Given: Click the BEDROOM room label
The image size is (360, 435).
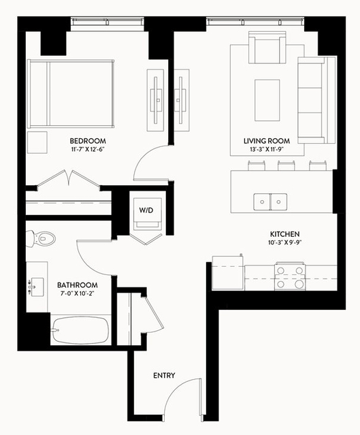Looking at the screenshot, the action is (88, 141).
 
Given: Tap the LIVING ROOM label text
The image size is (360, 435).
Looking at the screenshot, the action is (267, 141).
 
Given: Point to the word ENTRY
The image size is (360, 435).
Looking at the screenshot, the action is (164, 375).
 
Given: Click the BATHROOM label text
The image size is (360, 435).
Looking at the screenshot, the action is (78, 285).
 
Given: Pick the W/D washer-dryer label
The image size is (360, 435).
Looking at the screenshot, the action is (146, 210).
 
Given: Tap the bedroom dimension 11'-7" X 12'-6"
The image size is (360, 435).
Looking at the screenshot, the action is (88, 149).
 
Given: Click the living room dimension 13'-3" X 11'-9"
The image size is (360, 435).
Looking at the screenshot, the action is (267, 149).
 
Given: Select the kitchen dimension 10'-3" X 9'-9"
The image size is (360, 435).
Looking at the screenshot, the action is (285, 242).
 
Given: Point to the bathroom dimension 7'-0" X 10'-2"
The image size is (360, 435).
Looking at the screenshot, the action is (78, 293).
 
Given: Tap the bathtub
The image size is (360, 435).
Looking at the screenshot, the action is (80, 330).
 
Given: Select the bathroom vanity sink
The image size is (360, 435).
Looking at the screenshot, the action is (37, 287).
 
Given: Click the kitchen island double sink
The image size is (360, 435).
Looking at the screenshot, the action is (270, 202).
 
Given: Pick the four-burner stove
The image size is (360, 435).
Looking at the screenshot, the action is (290, 276).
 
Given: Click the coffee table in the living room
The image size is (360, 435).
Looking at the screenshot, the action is (267, 100).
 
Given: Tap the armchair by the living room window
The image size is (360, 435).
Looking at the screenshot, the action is (267, 48).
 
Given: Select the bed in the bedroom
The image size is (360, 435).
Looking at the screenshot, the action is (71, 94).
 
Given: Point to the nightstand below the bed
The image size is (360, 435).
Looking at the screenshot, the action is (37, 142).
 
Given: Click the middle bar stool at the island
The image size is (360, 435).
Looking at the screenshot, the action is (287, 165).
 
